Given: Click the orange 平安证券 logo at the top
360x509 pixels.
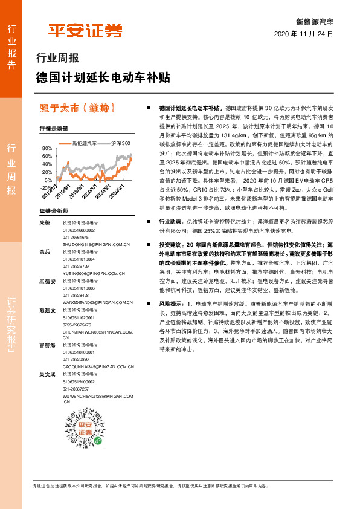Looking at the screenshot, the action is coord(85,30).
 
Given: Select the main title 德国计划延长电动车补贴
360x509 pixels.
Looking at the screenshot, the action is coord(103,78).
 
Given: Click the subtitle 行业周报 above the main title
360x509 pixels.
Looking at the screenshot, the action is coord(58,59).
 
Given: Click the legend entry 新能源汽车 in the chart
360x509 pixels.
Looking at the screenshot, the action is coord(84,144).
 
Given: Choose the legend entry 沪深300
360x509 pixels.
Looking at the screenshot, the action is coord(121,144).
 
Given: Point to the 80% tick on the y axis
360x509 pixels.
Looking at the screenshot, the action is coord(47,148).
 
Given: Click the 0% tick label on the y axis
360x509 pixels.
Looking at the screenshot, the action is coord(48,180).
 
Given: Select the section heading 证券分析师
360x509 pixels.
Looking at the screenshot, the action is coord(51,211).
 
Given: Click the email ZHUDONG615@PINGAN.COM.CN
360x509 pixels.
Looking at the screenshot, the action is coord(97,244).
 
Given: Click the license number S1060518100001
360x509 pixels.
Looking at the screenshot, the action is coord(79,351).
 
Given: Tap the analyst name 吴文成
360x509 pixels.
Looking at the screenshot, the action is coord(47,374).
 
